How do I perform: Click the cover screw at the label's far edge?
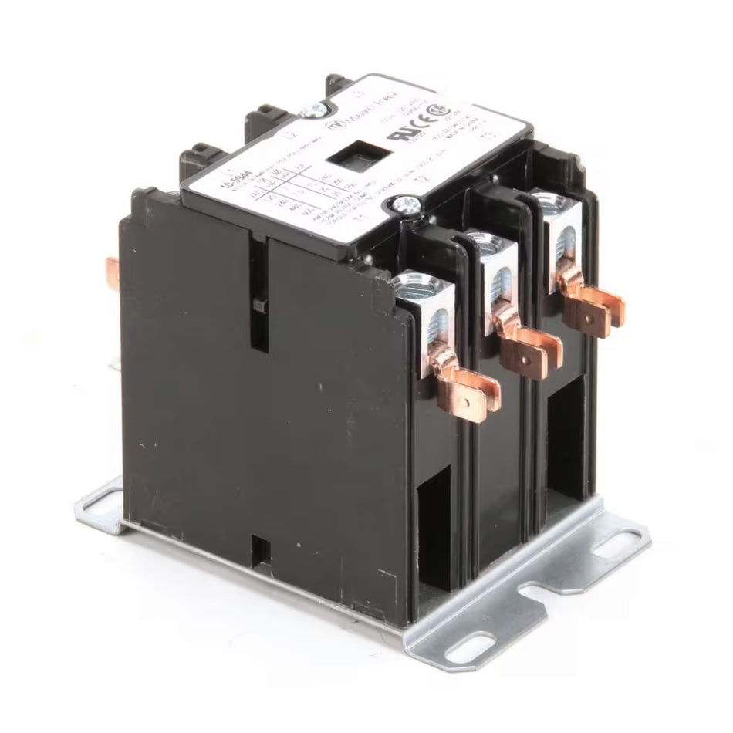(x=315, y=110)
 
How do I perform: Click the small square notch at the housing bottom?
(x=262, y=549)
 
